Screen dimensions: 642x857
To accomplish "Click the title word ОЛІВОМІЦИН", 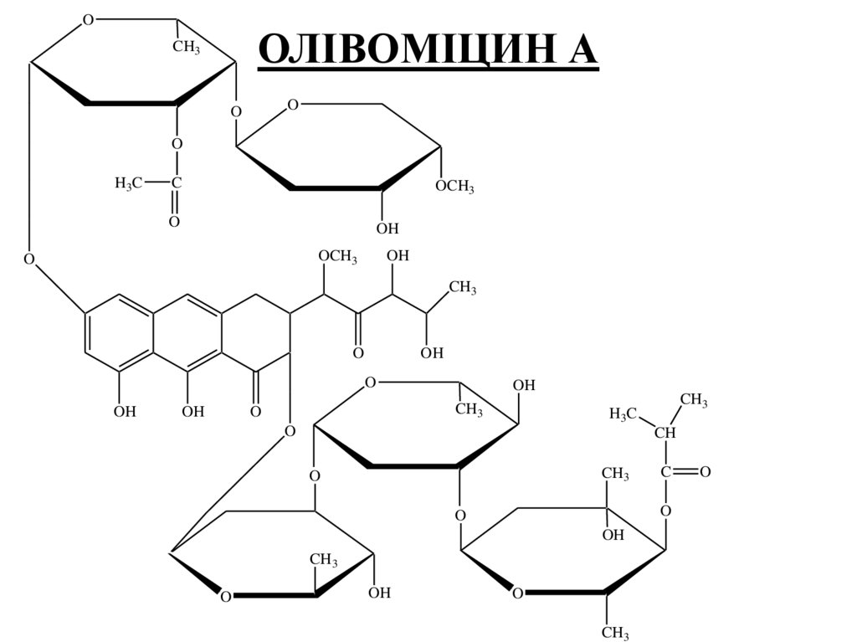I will click(393, 50).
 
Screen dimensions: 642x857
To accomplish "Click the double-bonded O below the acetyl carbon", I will click(174, 221).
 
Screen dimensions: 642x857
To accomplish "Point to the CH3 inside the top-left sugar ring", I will click(186, 47).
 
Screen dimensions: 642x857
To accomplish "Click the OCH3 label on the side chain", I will click(337, 257).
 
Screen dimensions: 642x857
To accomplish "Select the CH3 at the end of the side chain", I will click(463, 288).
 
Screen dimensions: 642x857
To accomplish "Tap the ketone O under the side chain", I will click(357, 353).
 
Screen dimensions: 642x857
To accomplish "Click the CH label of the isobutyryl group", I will click(665, 433).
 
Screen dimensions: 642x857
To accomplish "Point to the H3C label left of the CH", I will click(624, 413).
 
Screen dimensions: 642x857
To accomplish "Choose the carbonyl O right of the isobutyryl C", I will click(705, 472).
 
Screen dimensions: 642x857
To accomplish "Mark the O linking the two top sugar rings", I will click(235, 111).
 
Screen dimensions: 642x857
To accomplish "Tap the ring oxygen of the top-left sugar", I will click(88, 20).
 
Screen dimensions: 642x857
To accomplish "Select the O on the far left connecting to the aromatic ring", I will click(29, 258).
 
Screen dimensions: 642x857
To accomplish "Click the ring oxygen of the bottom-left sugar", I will click(225, 595).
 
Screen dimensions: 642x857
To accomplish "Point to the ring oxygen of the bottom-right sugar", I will click(517, 593).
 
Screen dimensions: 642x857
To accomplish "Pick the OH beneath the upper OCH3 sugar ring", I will click(387, 228).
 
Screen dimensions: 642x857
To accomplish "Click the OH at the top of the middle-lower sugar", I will click(524, 385).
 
